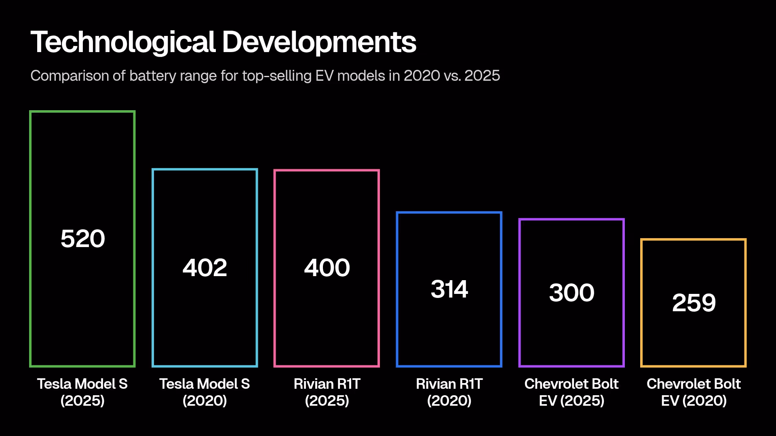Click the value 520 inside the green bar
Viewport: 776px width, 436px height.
[x=82, y=239]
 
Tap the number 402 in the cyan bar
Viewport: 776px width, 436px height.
[x=205, y=268]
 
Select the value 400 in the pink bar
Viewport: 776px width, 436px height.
[x=327, y=268]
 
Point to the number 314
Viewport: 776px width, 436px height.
[x=449, y=289]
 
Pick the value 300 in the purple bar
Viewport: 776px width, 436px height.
[x=571, y=293]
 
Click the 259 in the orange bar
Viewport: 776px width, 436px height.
[x=694, y=303]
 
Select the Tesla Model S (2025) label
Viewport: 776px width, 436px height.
[x=82, y=392]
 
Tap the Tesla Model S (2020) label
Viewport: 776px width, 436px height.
[x=205, y=392]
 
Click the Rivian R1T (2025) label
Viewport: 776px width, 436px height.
[x=327, y=392]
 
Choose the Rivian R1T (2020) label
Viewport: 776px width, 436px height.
[x=449, y=392]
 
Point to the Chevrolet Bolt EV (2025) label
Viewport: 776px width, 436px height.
[x=571, y=392]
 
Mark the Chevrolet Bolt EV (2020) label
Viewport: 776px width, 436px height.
[x=694, y=392]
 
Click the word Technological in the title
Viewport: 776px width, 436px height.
[x=123, y=42]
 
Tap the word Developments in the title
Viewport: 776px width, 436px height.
[x=319, y=42]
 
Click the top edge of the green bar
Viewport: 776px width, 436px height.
[x=82, y=112]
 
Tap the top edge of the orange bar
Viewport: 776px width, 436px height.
[x=694, y=240]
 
